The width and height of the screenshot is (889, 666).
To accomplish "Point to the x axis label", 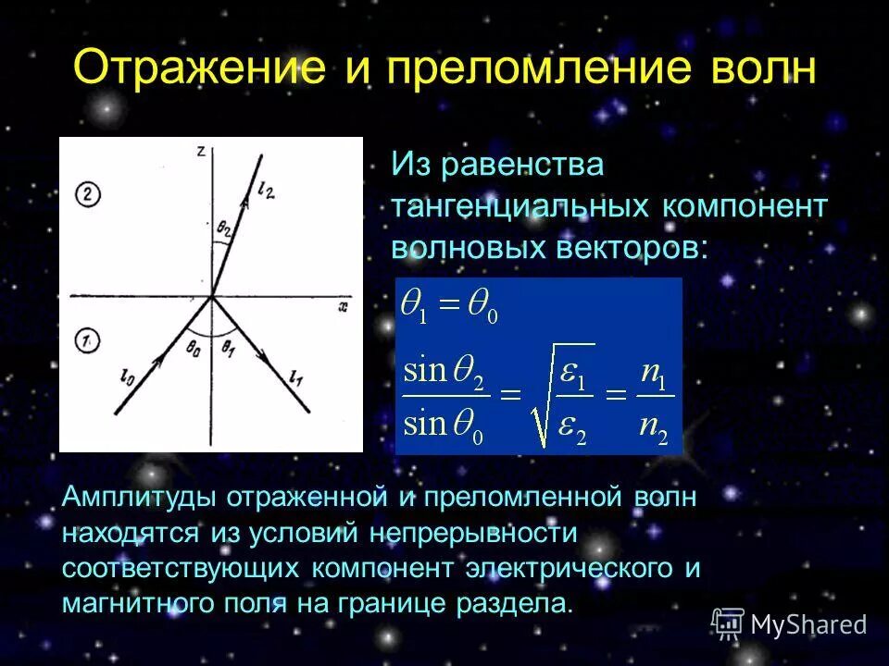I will point(344,304).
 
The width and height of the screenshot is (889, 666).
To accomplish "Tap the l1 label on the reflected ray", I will point(294,376).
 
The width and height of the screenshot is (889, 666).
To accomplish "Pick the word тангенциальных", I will point(521,206).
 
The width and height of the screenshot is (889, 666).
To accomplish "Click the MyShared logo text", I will point(808,624).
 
